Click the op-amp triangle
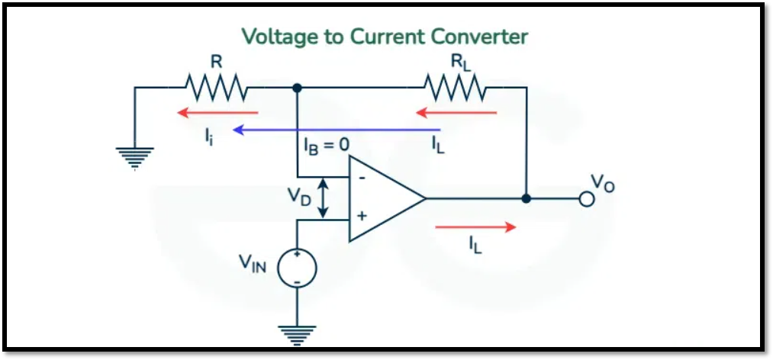tap(382, 198)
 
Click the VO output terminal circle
tap(586, 199)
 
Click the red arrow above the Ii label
tap(217, 113)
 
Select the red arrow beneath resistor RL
tap(456, 113)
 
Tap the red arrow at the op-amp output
tap(475, 227)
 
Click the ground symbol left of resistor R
tap(134, 156)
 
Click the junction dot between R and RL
tap(297, 88)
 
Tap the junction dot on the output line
tap(526, 198)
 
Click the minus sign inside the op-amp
tap(362, 178)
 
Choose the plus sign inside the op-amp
tap(362, 217)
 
